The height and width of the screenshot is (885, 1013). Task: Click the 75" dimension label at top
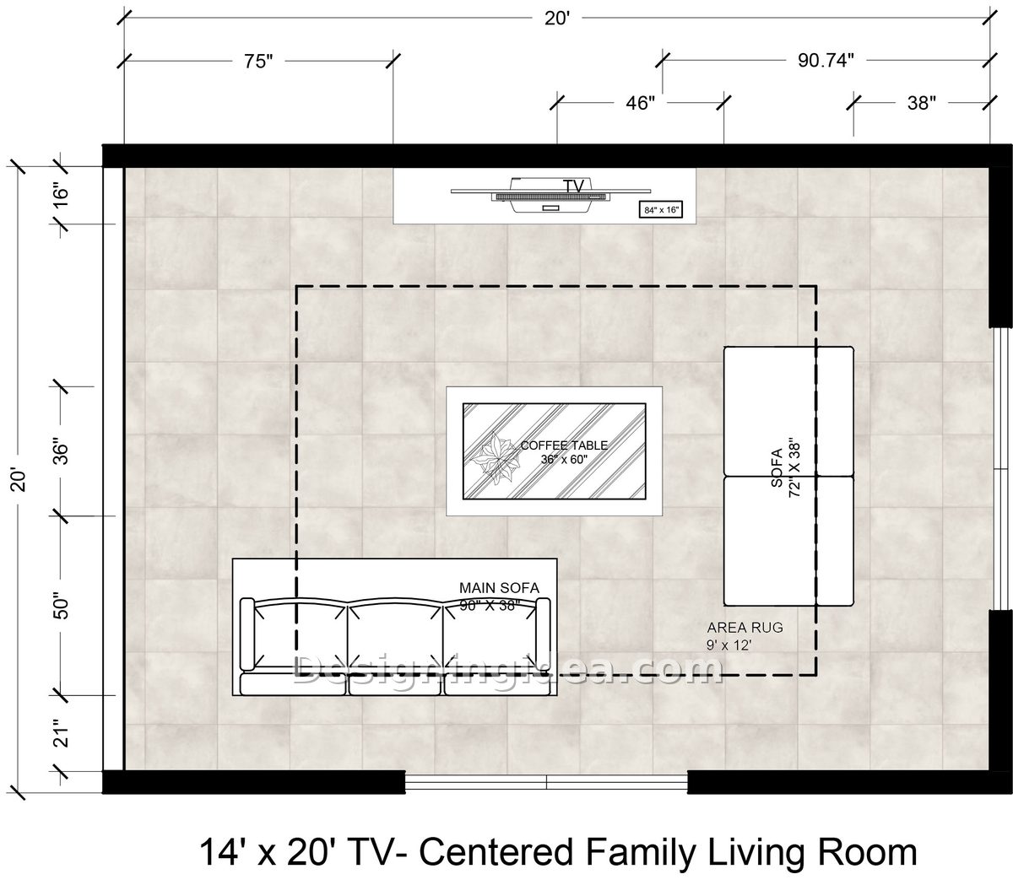(258, 62)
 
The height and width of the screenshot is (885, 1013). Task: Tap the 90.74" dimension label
(826, 61)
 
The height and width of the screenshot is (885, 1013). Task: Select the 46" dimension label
(640, 103)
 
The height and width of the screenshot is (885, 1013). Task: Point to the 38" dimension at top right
(921, 103)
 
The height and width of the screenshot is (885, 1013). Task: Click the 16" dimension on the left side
(62, 197)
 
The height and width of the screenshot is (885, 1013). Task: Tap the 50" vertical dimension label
(62, 606)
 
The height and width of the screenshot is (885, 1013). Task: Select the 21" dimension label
(62, 733)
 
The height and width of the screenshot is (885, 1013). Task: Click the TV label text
(573, 186)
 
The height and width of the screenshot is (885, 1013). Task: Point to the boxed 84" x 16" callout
(660, 210)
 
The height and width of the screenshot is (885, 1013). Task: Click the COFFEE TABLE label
(564, 445)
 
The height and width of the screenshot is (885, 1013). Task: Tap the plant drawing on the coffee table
(495, 457)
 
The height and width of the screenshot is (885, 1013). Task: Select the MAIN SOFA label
(499, 588)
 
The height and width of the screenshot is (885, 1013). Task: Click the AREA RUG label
(745, 628)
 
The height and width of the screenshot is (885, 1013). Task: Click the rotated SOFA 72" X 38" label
(785, 467)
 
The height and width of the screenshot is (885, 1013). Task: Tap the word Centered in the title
(496, 852)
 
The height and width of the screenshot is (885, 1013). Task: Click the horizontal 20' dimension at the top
(557, 19)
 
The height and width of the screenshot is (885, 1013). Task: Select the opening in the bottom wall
(546, 782)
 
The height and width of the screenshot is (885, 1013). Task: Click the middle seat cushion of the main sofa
(394, 683)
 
